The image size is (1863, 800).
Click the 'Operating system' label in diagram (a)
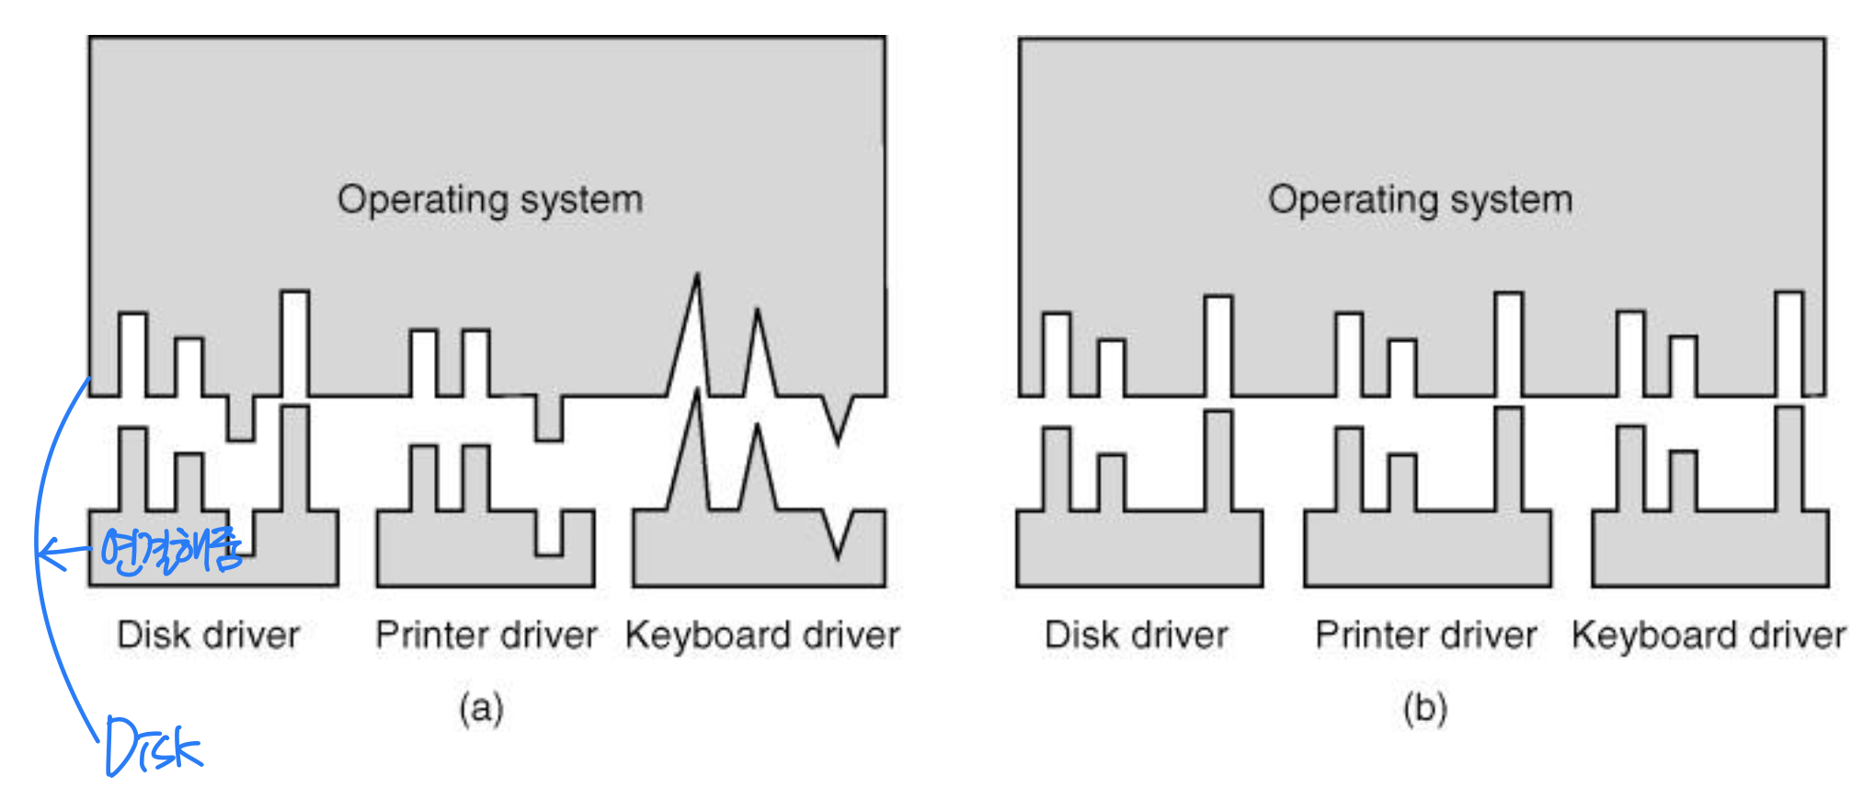pyautogui.click(x=489, y=200)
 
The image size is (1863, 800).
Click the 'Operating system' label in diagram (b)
pyautogui.click(x=1420, y=200)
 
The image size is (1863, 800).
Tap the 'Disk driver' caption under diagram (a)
pyautogui.click(x=208, y=634)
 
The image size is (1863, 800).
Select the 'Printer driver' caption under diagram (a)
pyautogui.click(x=486, y=634)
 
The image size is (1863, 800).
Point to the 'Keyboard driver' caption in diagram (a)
pyautogui.click(x=761, y=634)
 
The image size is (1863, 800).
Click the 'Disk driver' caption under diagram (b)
pyautogui.click(x=1136, y=634)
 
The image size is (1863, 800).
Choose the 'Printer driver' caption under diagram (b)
pyautogui.click(x=1425, y=634)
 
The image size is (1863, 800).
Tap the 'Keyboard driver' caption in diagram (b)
pyautogui.click(x=1708, y=634)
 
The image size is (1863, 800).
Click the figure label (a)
pyautogui.click(x=481, y=708)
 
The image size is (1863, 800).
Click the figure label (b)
pyautogui.click(x=1424, y=708)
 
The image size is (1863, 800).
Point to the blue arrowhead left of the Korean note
pyautogui.click(x=46, y=553)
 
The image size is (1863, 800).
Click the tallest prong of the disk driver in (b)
pyautogui.click(x=1218, y=460)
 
